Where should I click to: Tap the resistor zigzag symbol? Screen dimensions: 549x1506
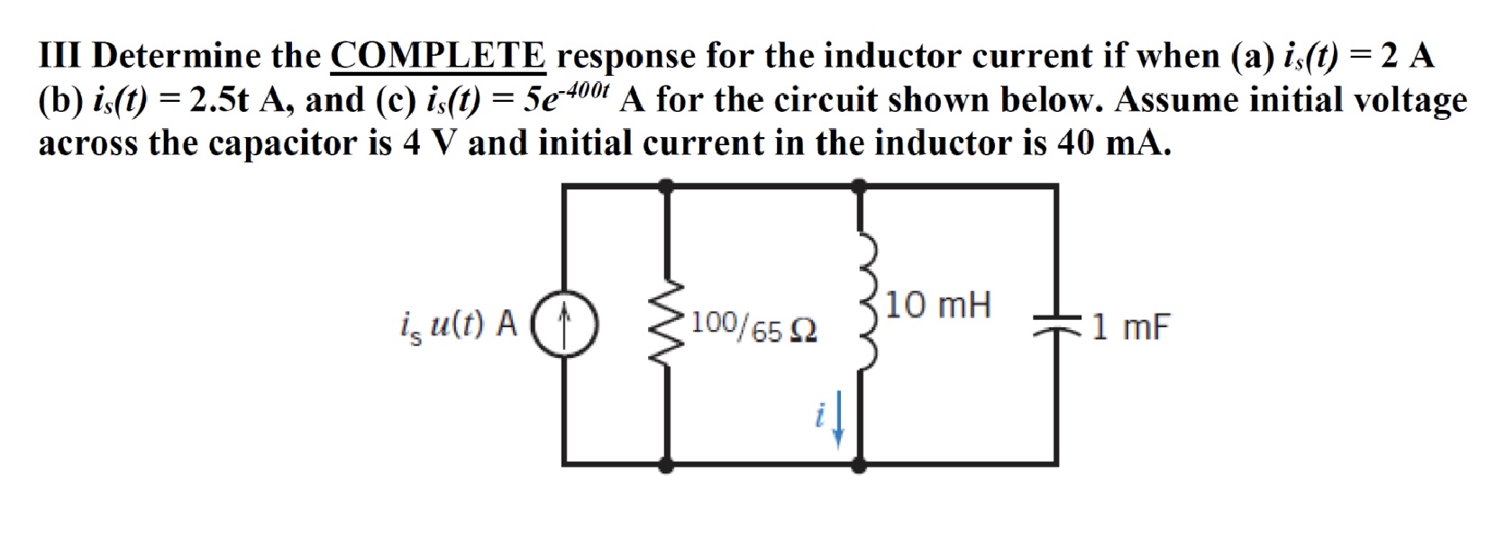point(668,325)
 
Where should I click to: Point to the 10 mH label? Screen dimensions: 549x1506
point(937,306)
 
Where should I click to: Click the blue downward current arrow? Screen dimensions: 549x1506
point(838,423)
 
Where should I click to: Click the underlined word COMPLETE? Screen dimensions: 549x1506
point(438,56)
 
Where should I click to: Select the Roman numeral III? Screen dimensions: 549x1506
point(61,56)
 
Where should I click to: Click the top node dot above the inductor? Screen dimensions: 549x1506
point(860,187)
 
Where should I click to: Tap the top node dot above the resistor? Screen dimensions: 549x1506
point(667,187)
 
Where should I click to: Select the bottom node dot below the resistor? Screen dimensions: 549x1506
point(667,464)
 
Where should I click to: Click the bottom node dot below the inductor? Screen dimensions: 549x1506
point(860,464)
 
